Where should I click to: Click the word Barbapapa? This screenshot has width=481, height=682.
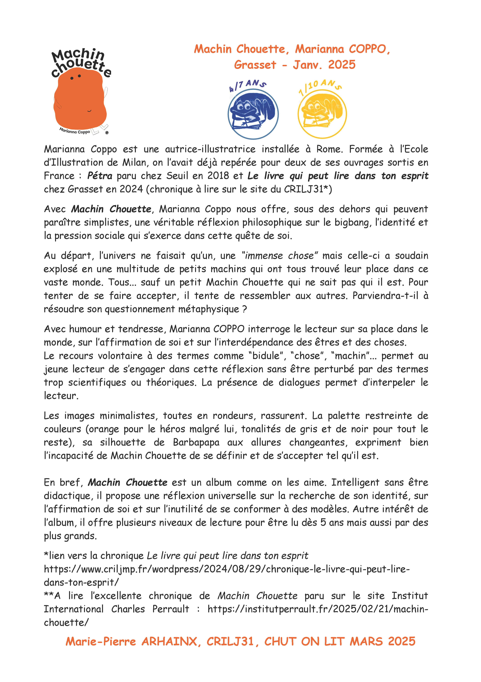pyautogui.click(x=196, y=442)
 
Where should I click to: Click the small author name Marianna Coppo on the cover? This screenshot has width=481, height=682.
pyautogui.click(x=75, y=131)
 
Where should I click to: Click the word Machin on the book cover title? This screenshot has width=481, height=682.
pyautogui.click(x=78, y=55)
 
